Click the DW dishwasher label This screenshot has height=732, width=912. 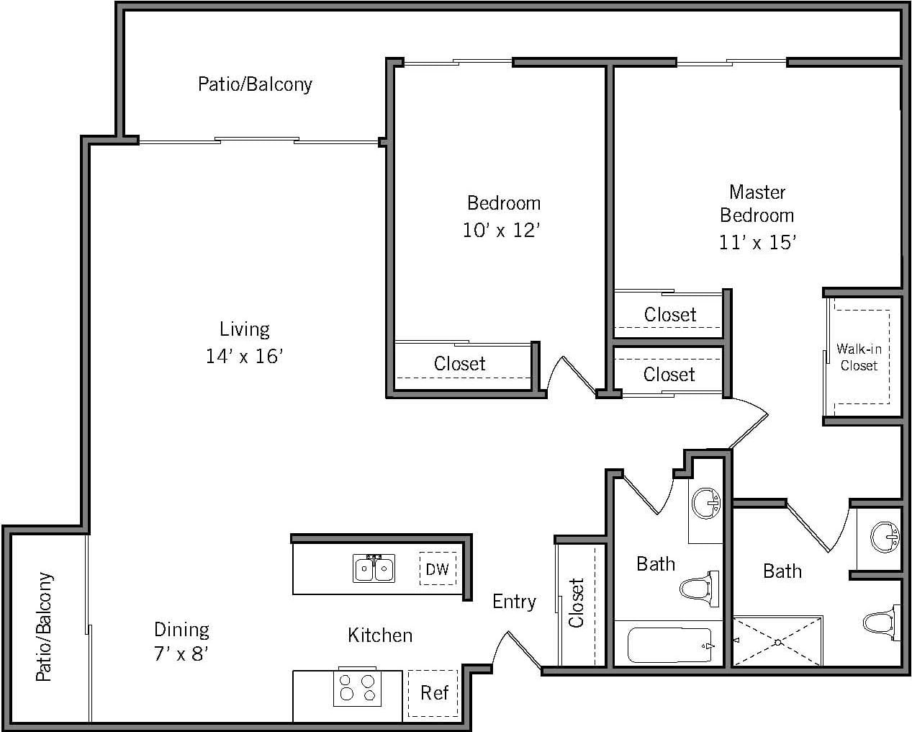(437, 569)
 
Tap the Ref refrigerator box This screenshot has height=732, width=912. (434, 693)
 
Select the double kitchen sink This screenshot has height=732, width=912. (374, 568)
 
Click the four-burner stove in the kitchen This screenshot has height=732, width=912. (357, 687)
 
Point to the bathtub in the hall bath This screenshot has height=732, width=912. (669, 645)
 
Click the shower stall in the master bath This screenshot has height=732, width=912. (777, 640)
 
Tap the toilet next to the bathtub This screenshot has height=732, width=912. (700, 589)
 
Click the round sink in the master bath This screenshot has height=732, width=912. (885, 537)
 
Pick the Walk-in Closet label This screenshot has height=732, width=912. (859, 357)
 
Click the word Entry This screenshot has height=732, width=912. (514, 602)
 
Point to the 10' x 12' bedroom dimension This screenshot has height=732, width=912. (502, 231)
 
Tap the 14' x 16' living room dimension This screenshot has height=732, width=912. (244, 356)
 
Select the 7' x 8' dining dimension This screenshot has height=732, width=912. (181, 655)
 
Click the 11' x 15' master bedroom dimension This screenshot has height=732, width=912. (757, 242)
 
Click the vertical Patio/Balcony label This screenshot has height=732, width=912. (45, 627)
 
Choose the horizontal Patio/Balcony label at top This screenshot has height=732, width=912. (255, 84)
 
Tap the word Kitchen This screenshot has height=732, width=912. (380, 635)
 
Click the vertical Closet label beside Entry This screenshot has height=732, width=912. (576, 602)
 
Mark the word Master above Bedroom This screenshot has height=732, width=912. (757, 192)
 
